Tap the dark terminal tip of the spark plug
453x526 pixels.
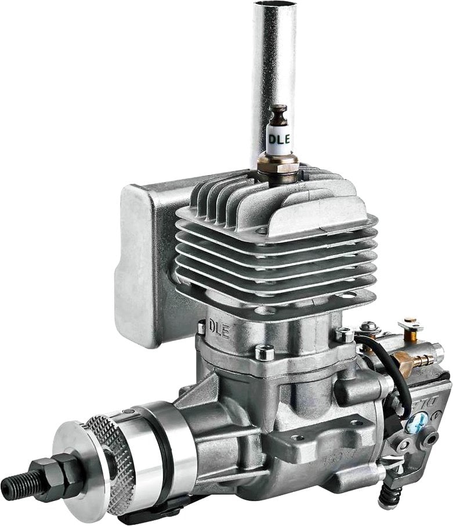(279, 110)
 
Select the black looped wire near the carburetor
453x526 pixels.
(400, 371)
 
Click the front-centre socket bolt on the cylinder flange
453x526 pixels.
(264, 352)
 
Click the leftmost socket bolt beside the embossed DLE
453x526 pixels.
(201, 328)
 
